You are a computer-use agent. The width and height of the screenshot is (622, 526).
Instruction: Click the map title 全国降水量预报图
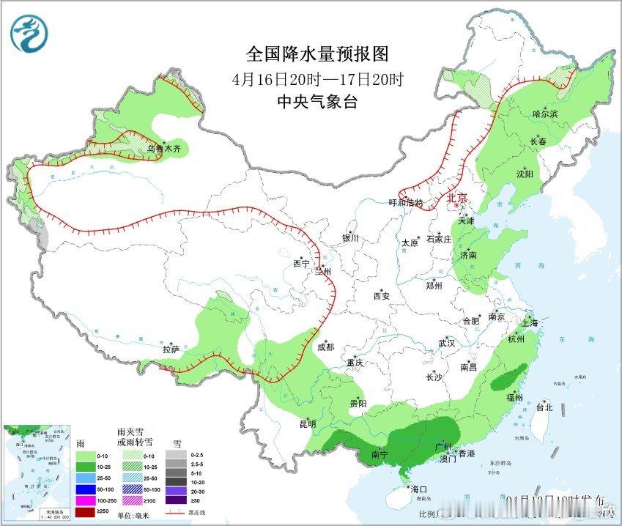316,54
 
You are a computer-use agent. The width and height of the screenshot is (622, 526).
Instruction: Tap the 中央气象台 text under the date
316,102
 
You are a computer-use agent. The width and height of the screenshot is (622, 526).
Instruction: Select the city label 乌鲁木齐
163,149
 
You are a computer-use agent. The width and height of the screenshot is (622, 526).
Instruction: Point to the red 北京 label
456,197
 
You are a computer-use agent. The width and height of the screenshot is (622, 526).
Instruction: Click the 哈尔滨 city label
544,114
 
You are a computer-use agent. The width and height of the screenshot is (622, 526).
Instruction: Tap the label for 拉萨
171,349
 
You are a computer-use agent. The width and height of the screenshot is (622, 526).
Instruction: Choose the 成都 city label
327,347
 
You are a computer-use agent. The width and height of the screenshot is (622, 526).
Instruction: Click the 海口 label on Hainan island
418,489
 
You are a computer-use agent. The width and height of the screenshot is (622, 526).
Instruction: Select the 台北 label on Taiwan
544,407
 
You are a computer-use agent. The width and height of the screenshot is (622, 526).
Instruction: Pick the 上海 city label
530,322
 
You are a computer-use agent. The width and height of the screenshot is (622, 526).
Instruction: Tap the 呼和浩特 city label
406,203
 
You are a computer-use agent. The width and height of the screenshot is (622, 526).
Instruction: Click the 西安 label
382,296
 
